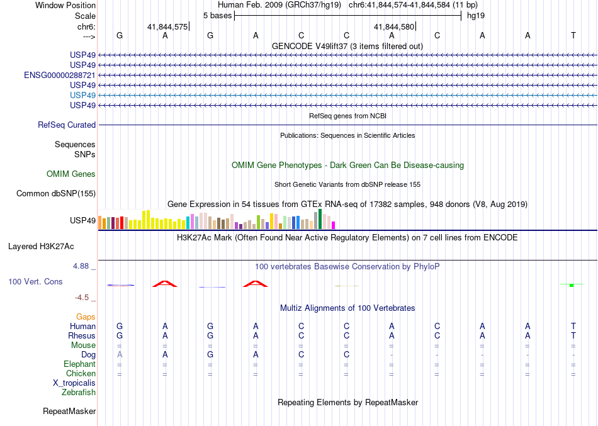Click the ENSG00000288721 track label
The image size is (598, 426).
(x=60, y=75)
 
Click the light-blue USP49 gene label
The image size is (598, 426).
(x=83, y=95)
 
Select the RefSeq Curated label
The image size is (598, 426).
(x=67, y=125)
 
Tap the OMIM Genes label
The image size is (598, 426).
(x=71, y=174)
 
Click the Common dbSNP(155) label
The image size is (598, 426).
(x=56, y=194)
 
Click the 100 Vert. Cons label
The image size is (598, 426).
(x=36, y=282)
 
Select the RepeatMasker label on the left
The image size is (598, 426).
(x=69, y=412)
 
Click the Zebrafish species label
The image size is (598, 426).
(x=79, y=393)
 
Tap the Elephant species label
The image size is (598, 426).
(x=80, y=364)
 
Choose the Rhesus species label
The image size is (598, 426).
(x=82, y=336)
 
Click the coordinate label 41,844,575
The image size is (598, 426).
(x=167, y=27)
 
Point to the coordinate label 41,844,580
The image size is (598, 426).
(x=394, y=27)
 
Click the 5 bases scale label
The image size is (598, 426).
(x=217, y=14)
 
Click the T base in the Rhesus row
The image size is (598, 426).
(x=573, y=336)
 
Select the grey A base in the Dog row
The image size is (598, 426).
(x=120, y=355)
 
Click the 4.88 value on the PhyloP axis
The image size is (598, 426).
(x=82, y=266)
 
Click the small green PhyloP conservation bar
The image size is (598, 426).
(x=572, y=285)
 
